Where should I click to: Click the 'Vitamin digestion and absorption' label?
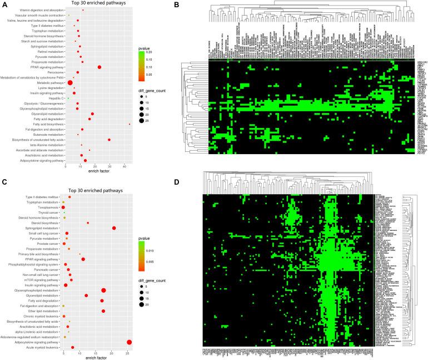pos(38,10)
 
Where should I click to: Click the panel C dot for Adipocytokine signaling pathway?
pos(130,342)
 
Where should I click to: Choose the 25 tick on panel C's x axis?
pos(129,354)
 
